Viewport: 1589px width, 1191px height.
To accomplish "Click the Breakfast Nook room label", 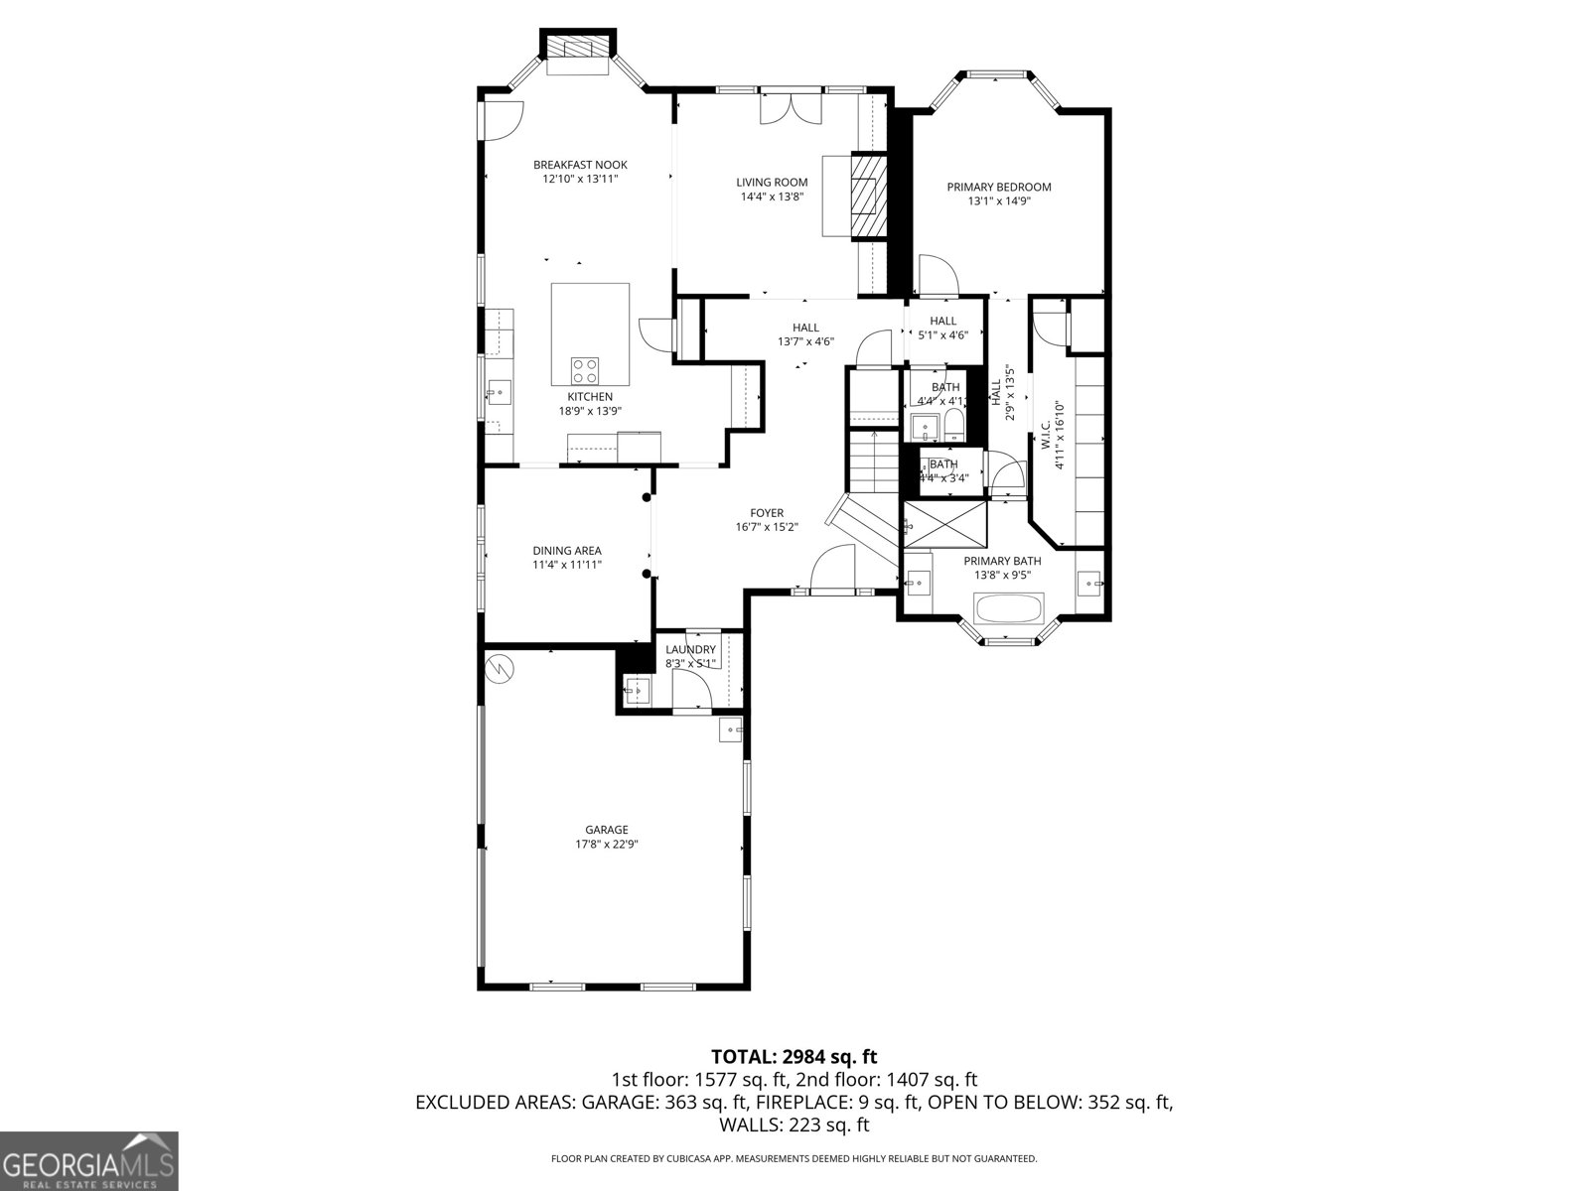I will coord(580,165).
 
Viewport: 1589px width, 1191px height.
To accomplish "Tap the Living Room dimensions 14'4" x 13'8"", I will coord(772,197).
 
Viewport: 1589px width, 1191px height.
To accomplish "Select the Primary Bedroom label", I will coord(998,187).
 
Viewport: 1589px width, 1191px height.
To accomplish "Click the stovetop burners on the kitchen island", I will coord(585,370).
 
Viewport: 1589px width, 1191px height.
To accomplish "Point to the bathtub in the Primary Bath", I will coord(1009,607).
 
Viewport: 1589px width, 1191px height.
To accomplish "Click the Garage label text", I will coord(606,830).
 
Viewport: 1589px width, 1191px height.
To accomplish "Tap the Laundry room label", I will coord(690,650).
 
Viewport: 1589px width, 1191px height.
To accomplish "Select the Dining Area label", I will coord(567,551).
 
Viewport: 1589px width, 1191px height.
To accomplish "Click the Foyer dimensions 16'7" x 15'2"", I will coord(767,527).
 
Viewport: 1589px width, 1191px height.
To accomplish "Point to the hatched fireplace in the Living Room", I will coord(871,196).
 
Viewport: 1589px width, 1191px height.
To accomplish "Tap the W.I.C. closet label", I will coord(1046,437).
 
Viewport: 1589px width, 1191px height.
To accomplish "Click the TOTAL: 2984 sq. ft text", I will coord(794,1057).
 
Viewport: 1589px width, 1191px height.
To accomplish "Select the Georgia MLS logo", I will coord(88,1160).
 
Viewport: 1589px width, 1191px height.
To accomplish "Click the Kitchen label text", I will coord(590,397).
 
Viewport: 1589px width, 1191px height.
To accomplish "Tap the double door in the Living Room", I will coord(791,108).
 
